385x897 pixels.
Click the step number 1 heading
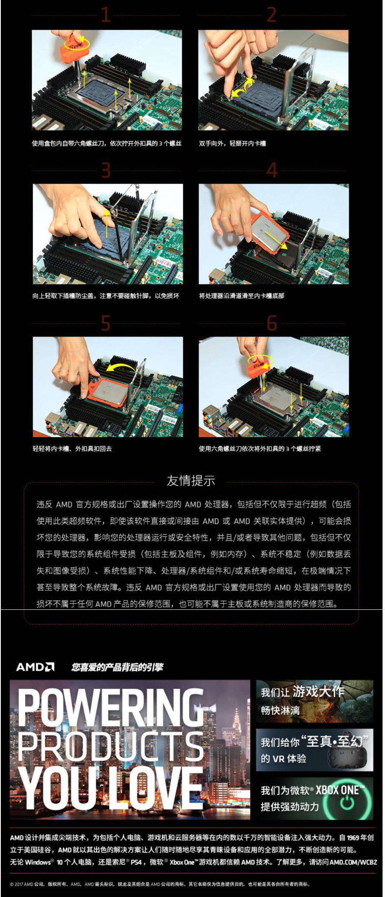click(106, 15)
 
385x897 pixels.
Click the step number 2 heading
click(272, 15)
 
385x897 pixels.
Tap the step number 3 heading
click(106, 170)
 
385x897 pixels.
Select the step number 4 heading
click(272, 170)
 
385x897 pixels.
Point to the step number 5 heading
click(106, 323)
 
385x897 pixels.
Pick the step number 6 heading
click(272, 323)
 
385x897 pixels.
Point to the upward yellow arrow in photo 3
click(107, 224)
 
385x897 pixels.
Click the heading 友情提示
click(191, 481)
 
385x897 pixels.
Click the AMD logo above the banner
click(35, 667)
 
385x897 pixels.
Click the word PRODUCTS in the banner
click(111, 746)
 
